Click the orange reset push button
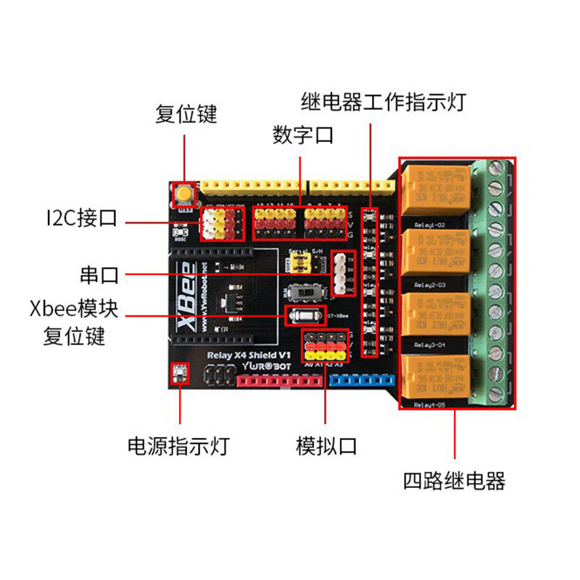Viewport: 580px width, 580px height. coord(184,194)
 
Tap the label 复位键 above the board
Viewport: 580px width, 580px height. coord(186,115)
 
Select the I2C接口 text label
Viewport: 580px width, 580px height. coord(80,218)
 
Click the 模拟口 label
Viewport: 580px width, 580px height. coord(326,446)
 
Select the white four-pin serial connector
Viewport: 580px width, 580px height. coord(339,275)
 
